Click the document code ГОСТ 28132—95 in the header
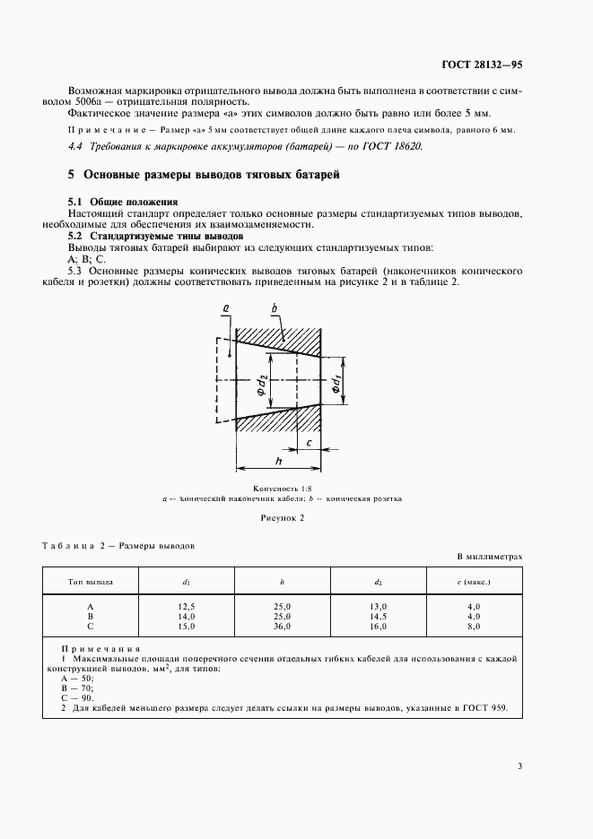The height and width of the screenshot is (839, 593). (x=483, y=65)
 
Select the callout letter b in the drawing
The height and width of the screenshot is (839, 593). (x=275, y=307)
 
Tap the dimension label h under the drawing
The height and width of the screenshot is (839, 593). (x=279, y=460)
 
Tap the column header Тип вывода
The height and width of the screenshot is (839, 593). (x=91, y=582)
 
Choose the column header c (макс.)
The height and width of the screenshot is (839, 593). (x=474, y=582)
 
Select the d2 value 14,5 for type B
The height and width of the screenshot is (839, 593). (x=378, y=616)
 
